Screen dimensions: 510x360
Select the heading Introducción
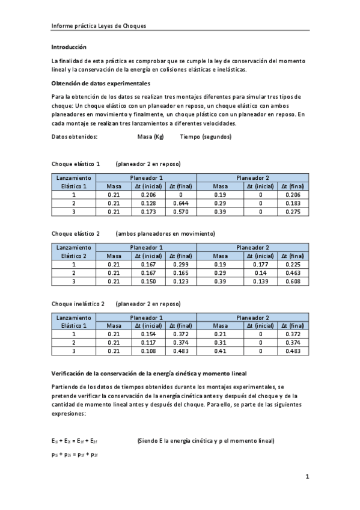tap(69, 47)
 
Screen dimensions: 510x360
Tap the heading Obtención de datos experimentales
tap(100, 83)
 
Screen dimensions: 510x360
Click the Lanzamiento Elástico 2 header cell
tap(74, 251)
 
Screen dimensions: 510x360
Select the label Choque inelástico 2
tap(78, 304)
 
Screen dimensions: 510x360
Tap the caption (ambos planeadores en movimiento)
tap(165, 233)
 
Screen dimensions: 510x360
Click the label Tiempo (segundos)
tap(206, 137)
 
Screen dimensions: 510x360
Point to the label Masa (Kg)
tap(150, 137)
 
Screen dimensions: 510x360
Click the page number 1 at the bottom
tap(307, 477)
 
